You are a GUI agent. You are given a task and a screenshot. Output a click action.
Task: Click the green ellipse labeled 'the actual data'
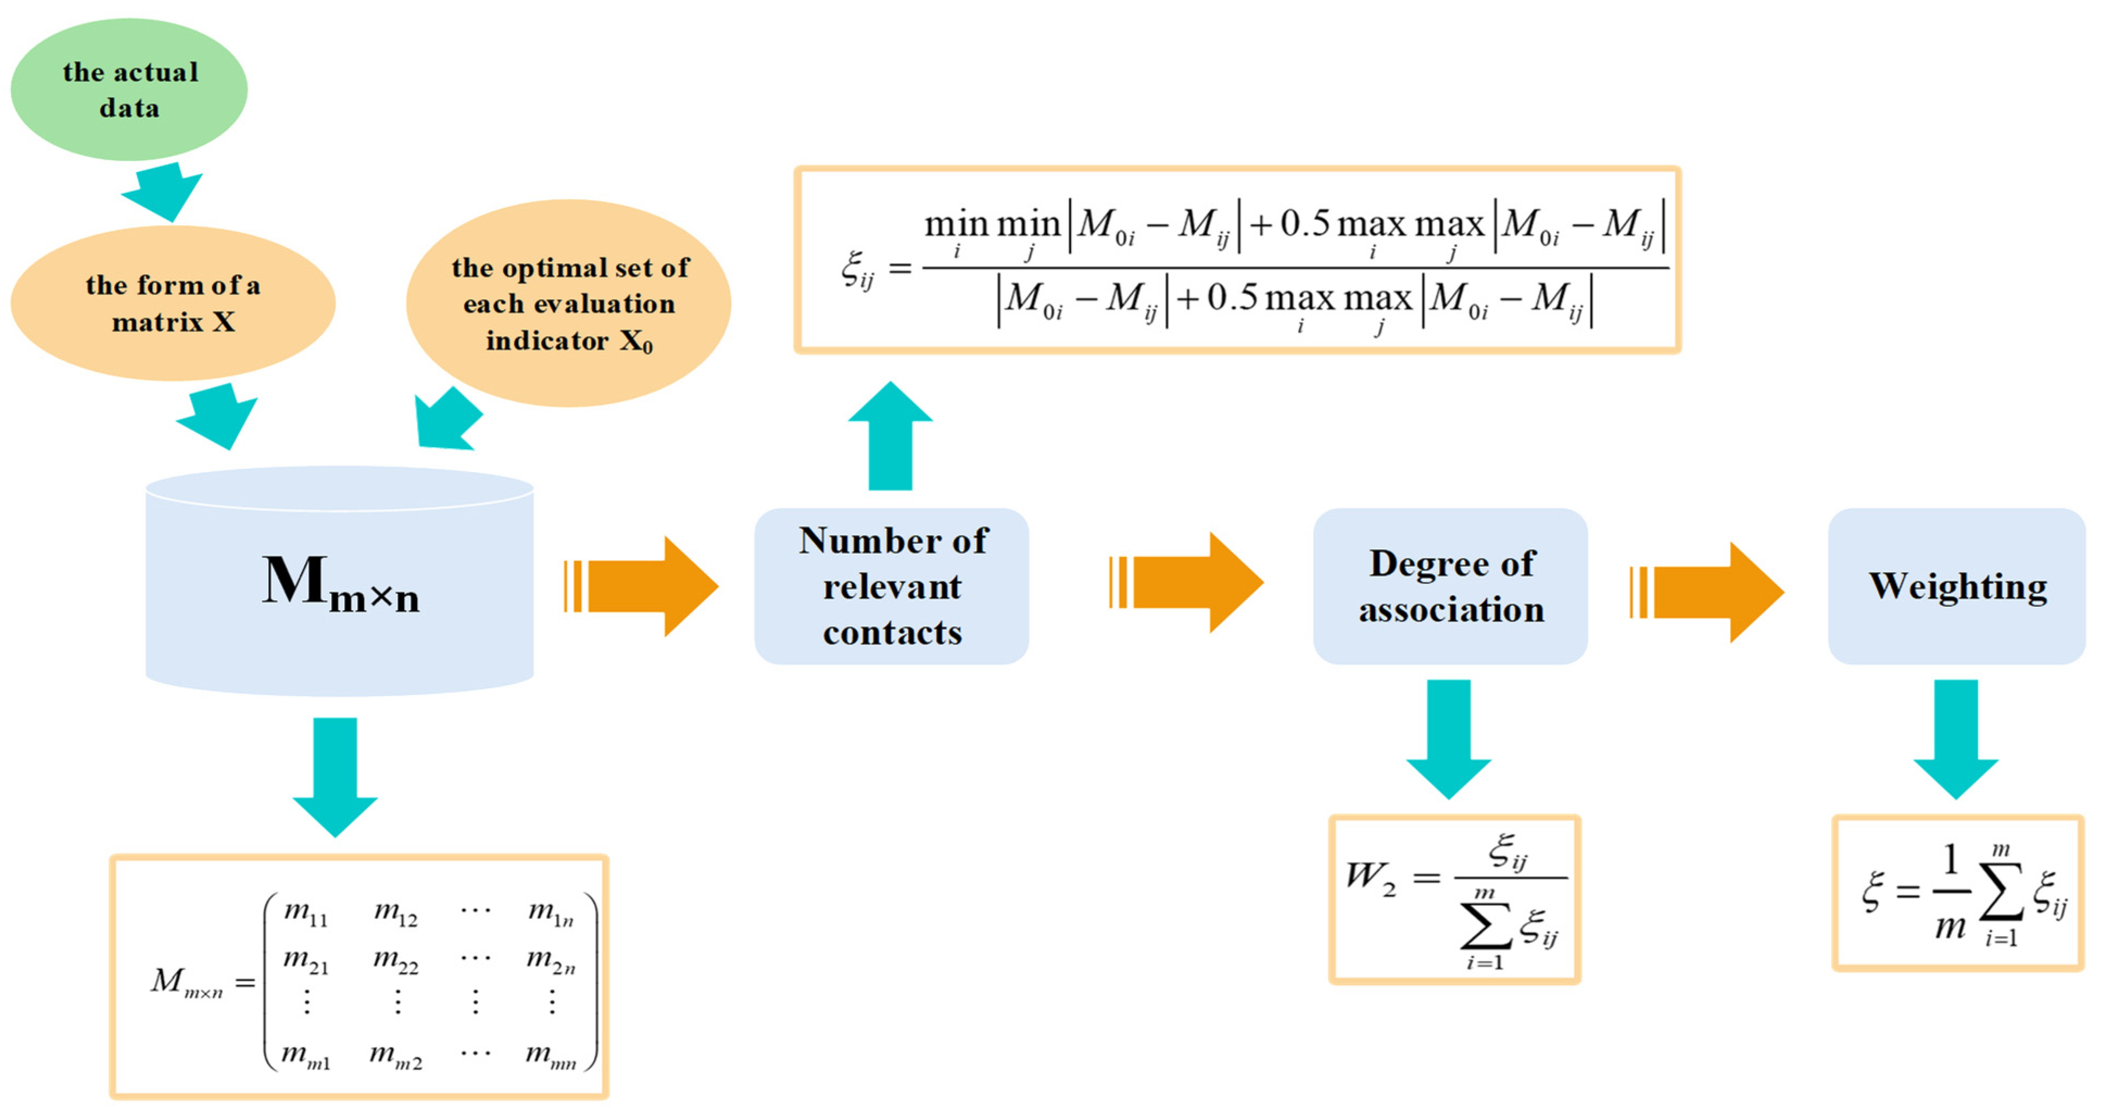[129, 89]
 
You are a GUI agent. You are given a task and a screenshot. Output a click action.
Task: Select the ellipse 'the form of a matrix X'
[173, 303]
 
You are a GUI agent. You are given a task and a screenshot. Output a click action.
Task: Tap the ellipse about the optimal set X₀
[569, 303]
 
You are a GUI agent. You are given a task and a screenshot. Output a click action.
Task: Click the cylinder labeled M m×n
[339, 581]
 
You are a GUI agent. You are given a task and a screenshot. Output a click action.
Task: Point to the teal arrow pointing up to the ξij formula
[890, 436]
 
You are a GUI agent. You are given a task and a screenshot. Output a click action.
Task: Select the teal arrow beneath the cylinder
[336, 777]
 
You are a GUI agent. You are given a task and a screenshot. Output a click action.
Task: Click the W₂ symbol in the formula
[1371, 878]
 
